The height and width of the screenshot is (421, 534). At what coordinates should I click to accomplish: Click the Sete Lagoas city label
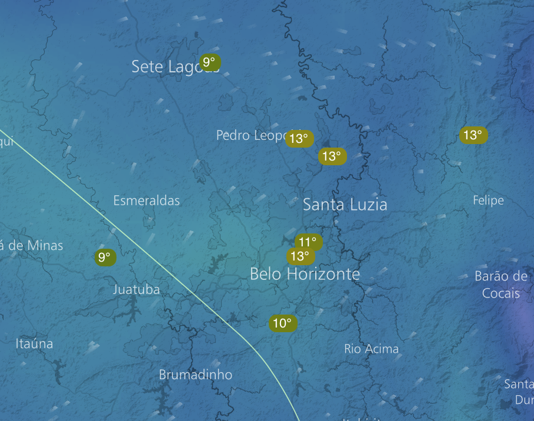pyautogui.click(x=168, y=66)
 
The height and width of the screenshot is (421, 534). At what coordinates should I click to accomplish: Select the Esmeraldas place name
pyautogui.click(x=146, y=201)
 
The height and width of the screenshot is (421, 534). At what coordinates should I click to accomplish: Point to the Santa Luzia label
pyautogui.click(x=345, y=205)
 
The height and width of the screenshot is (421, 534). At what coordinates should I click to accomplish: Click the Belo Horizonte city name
pyautogui.click(x=305, y=274)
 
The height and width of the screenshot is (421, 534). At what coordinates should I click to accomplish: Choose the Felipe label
pyautogui.click(x=488, y=201)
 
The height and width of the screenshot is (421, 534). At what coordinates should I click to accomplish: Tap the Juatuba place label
pyautogui.click(x=136, y=289)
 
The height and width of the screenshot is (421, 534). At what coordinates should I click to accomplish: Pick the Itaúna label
pyautogui.click(x=34, y=343)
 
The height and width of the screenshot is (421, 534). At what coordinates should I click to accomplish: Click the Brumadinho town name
pyautogui.click(x=195, y=375)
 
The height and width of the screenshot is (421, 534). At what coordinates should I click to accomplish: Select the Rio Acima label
pyautogui.click(x=371, y=349)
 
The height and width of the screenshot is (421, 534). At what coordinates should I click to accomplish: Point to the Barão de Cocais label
pyautogui.click(x=501, y=284)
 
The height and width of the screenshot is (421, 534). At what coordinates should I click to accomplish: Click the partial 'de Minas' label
pyautogui.click(x=32, y=245)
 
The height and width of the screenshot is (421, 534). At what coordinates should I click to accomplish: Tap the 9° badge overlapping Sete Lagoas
pyautogui.click(x=210, y=62)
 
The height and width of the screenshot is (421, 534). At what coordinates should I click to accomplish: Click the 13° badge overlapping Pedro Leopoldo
pyautogui.click(x=299, y=139)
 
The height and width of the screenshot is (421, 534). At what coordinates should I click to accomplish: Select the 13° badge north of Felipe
pyautogui.click(x=473, y=136)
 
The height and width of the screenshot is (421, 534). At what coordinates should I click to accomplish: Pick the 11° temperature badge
pyautogui.click(x=308, y=242)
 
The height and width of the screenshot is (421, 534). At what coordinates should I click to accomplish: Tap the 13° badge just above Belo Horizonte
pyautogui.click(x=300, y=256)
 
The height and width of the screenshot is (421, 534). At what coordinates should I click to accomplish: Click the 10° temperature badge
pyautogui.click(x=282, y=323)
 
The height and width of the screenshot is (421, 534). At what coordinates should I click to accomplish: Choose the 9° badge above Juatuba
pyautogui.click(x=105, y=257)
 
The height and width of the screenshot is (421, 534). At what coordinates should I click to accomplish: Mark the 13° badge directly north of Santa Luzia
pyautogui.click(x=332, y=156)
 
